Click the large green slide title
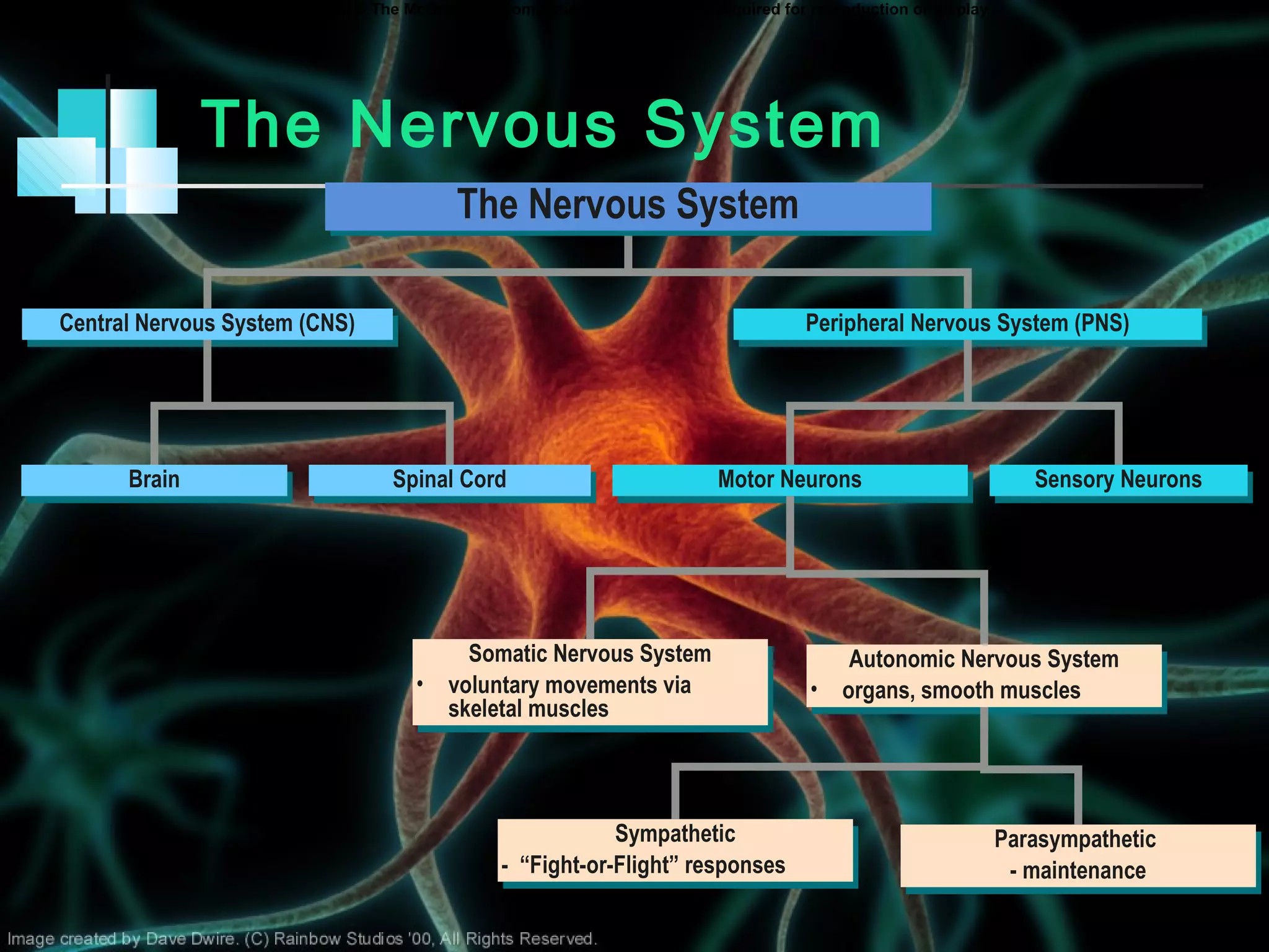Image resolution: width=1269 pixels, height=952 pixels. (542, 126)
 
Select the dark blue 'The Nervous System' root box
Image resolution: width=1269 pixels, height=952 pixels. (628, 206)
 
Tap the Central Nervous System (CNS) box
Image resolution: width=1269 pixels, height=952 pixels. (207, 324)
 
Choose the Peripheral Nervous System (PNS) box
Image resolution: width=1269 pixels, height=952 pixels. (967, 324)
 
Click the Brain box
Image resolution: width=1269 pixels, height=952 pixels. (154, 480)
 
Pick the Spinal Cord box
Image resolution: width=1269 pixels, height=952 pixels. (449, 480)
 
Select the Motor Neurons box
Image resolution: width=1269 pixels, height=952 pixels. (789, 480)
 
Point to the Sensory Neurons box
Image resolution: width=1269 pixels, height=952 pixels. (1118, 480)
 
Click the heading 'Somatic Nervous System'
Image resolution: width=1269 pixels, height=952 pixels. (589, 654)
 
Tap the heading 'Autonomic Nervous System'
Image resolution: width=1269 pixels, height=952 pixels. (983, 659)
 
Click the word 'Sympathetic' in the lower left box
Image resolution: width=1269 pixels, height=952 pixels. (675, 834)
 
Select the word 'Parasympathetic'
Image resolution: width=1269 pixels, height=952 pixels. (1075, 840)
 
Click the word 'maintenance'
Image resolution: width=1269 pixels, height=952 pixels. (1084, 871)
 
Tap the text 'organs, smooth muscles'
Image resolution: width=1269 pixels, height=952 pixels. (961, 691)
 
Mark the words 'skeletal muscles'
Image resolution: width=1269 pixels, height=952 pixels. (528, 709)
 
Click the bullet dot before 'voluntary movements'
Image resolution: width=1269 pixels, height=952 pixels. (420, 684)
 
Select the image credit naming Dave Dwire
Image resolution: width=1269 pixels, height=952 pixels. (302, 939)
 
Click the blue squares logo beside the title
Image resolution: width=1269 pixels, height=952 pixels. (98, 152)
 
